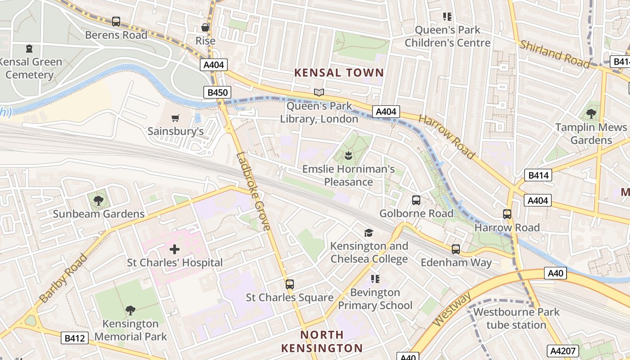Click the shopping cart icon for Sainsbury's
(175, 118)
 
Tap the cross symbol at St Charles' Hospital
(175, 249)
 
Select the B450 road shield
(217, 93)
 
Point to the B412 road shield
(75, 338)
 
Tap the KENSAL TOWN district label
(339, 72)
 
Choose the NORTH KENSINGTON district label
(322, 342)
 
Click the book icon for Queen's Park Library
(319, 93)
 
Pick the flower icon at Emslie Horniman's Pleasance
(348, 156)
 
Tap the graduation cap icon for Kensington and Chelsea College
(369, 233)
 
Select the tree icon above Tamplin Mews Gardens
(591, 114)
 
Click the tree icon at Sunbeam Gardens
(98, 200)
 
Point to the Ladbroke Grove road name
(254, 192)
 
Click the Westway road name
(453, 309)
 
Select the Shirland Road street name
(554, 54)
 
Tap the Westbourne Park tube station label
(516, 318)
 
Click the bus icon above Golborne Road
(416, 200)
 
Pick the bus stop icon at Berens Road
(116, 21)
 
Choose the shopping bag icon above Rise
(205, 27)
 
